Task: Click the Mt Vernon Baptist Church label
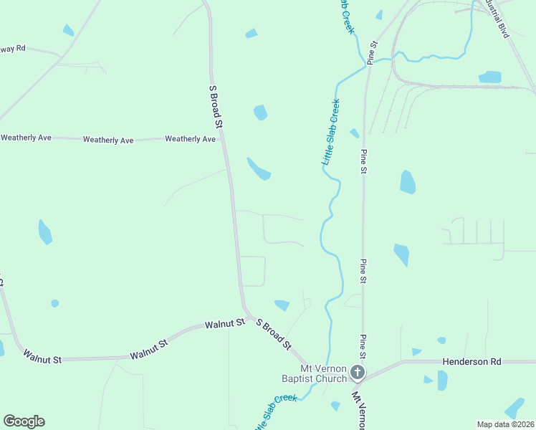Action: click(x=314, y=373)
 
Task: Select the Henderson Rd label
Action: click(x=472, y=363)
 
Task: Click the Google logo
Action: click(x=24, y=421)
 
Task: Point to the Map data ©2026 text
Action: click(x=505, y=424)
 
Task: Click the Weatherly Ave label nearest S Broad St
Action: click(x=190, y=139)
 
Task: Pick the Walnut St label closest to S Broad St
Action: click(x=224, y=325)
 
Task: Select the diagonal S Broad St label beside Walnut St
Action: click(x=274, y=335)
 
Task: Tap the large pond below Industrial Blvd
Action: click(x=490, y=77)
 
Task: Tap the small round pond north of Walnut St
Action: click(x=54, y=304)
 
